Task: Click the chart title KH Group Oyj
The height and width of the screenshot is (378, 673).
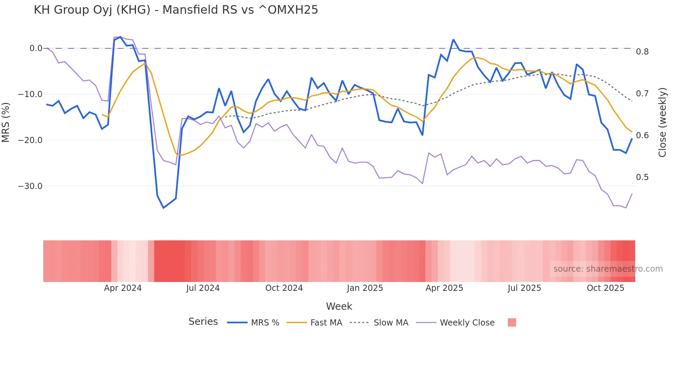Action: pyautogui.click(x=176, y=10)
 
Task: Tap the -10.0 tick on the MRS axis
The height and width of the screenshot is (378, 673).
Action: pyautogui.click(x=30, y=94)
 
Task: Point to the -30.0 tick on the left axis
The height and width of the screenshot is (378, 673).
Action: pyautogui.click(x=30, y=186)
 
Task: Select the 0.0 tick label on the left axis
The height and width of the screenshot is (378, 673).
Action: pyautogui.click(x=36, y=48)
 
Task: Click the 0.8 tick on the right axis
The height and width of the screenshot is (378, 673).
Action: pyautogui.click(x=642, y=52)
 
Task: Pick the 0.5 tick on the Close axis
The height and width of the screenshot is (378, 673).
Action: pyautogui.click(x=642, y=177)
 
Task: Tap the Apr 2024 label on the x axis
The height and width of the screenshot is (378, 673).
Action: pyautogui.click(x=123, y=288)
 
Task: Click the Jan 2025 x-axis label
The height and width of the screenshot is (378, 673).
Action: pyautogui.click(x=365, y=288)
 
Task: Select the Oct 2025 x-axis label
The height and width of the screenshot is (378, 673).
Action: pyautogui.click(x=605, y=288)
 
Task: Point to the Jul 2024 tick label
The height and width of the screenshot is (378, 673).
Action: pyautogui.click(x=203, y=288)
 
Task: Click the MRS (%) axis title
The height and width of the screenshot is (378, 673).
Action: pyautogui.click(x=6, y=122)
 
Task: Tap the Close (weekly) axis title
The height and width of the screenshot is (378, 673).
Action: pyautogui.click(x=662, y=122)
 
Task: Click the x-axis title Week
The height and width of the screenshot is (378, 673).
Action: pyautogui.click(x=339, y=306)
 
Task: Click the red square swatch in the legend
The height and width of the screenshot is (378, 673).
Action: pyautogui.click(x=512, y=322)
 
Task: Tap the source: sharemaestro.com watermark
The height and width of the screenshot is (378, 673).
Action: pyautogui.click(x=608, y=269)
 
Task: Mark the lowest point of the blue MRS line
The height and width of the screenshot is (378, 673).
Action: pyautogui.click(x=163, y=208)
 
